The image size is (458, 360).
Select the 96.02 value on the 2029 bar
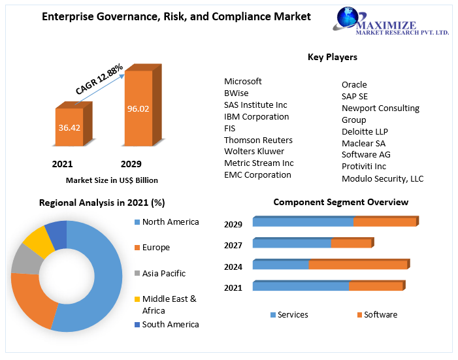click(x=138, y=108)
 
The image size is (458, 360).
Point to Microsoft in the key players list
click(x=243, y=82)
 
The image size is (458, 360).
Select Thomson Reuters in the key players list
click(x=258, y=140)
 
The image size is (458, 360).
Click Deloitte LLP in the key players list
click(x=365, y=131)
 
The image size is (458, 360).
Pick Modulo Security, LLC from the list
click(x=382, y=178)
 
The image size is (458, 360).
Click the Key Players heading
click(x=332, y=57)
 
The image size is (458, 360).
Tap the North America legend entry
click(x=170, y=222)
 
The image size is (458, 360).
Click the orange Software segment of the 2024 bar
click(x=358, y=265)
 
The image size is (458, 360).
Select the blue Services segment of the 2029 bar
click(x=303, y=222)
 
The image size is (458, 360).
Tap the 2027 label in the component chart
click(x=233, y=246)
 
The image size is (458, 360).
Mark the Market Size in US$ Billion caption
click(x=112, y=180)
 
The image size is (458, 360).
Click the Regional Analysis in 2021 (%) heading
click(x=102, y=203)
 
